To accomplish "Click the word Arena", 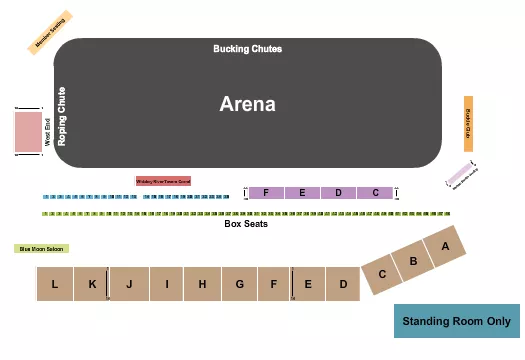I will tap(247, 104).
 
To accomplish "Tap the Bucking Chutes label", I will tap(247, 49).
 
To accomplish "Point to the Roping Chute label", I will tap(62, 116).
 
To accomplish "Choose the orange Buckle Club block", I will tap(468, 124).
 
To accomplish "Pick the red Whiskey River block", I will tap(163, 181).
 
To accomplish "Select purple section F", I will tap(266, 192).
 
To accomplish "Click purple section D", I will tap(338, 192).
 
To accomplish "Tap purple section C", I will tap(375, 192).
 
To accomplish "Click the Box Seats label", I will tap(246, 224).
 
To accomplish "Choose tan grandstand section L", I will tap(55, 285).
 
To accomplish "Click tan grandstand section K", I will tap(92, 285).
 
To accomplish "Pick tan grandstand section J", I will tap(129, 285).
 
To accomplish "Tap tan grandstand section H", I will tap(202, 285).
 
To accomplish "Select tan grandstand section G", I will tap(240, 285).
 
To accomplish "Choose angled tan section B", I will tap(413, 261).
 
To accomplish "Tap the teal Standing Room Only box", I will tap(456, 321).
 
